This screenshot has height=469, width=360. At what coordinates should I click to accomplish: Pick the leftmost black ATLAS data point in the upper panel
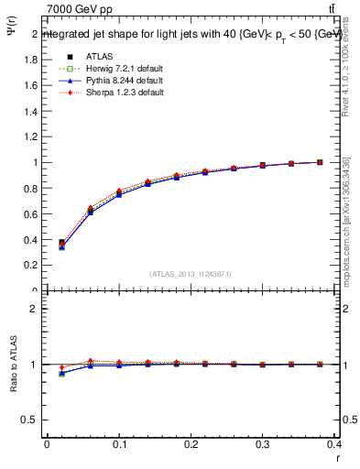61,244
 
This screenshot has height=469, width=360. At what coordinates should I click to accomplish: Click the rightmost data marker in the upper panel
320,162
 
